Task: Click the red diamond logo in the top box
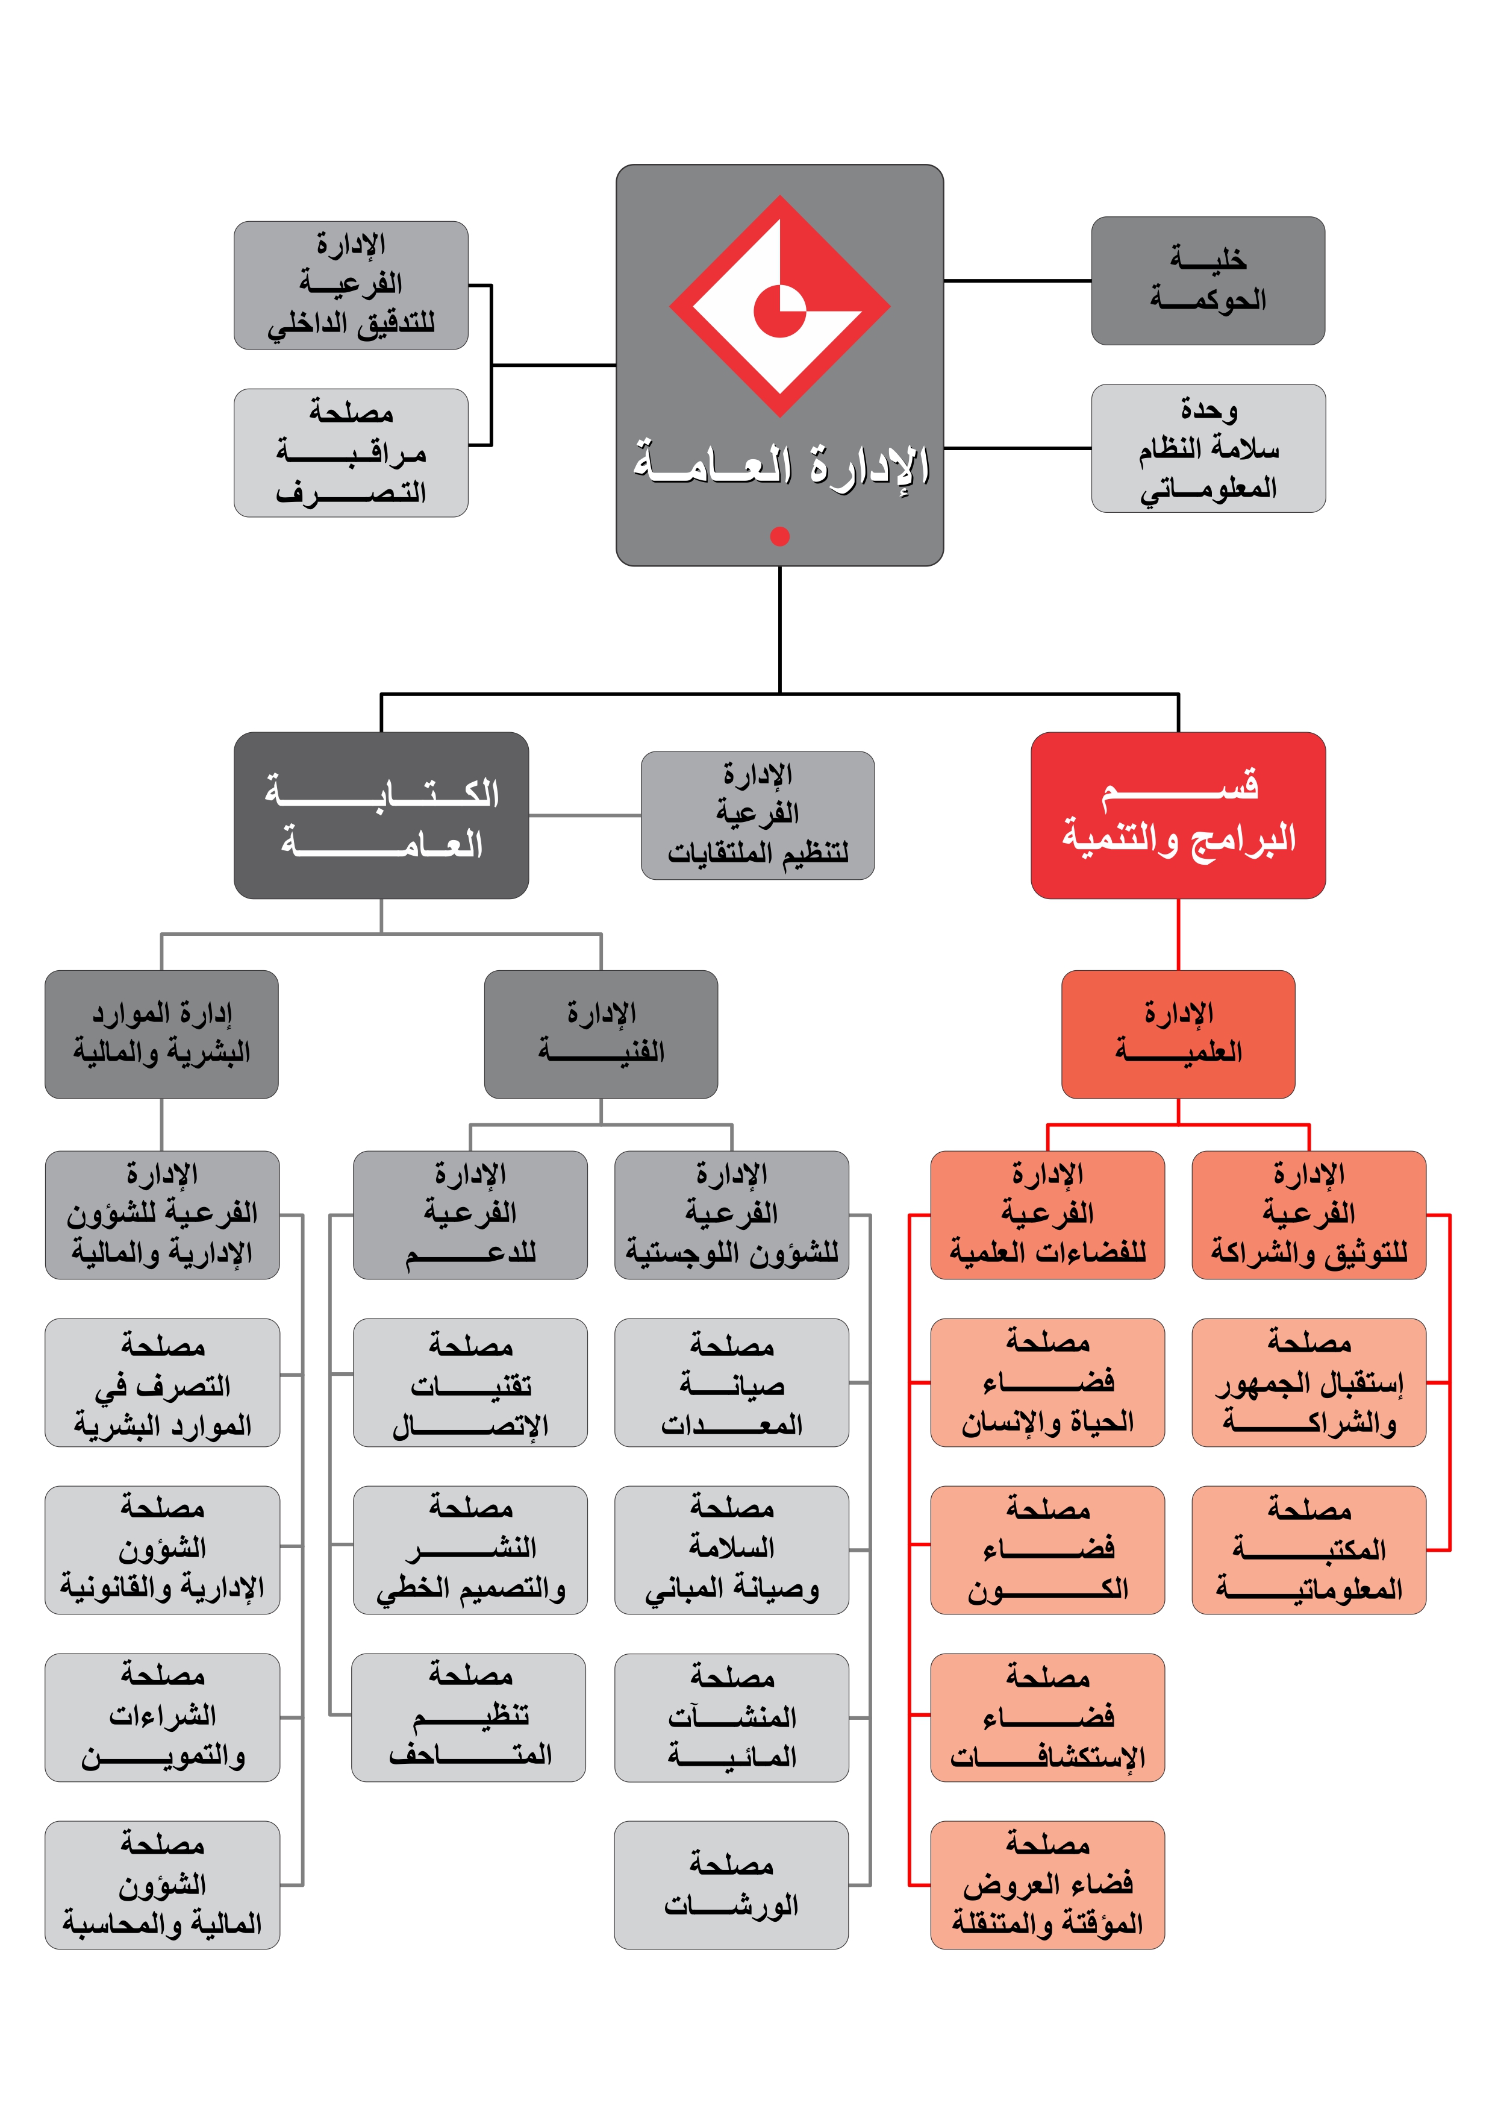[779, 306]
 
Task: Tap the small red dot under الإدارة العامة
[779, 536]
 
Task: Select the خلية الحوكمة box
[1208, 281]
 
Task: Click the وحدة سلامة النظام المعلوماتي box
[1208, 448]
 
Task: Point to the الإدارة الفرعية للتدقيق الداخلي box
[351, 286]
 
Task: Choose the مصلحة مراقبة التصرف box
[351, 453]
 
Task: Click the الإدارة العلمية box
[1178, 1034]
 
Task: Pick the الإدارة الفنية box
[601, 1034]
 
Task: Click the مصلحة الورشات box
[732, 1885]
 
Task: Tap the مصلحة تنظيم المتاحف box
[469, 1717]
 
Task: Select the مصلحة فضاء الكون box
[1047, 1549]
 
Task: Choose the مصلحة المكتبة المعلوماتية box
[1308, 1549]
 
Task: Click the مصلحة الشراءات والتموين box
[162, 1717]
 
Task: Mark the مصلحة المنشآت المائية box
[732, 1717]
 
